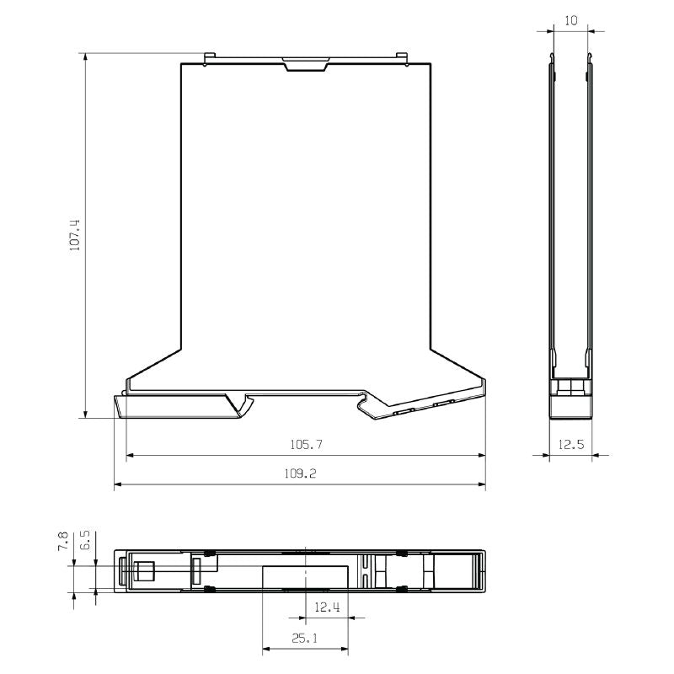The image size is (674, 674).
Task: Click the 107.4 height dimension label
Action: [x=75, y=235]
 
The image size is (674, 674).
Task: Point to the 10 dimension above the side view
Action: [x=571, y=20]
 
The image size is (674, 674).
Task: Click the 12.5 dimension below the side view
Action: [x=571, y=444]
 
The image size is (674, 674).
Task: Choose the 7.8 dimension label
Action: [x=62, y=540]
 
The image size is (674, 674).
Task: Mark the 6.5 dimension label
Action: [x=84, y=540]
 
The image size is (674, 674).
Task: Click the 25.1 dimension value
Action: [x=305, y=638]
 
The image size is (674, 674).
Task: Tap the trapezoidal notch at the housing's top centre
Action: [x=306, y=64]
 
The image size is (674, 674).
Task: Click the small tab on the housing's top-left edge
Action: [x=207, y=58]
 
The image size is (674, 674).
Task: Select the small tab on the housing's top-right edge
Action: [x=403, y=58]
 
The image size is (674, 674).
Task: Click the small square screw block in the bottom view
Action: [x=146, y=571]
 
